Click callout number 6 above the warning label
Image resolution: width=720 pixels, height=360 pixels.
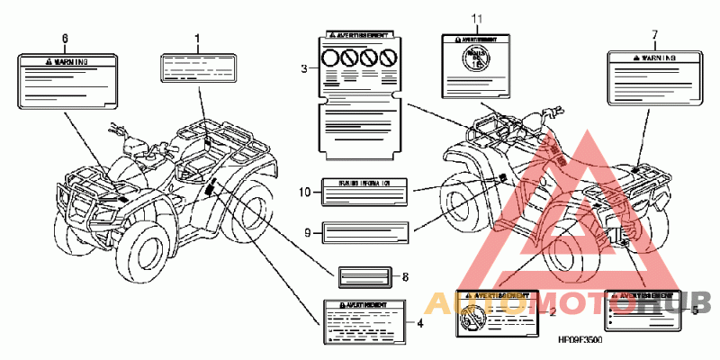click(x=64, y=38)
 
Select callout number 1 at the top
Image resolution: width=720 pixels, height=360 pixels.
click(x=197, y=38)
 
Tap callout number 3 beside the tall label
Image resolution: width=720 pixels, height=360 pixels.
click(x=304, y=68)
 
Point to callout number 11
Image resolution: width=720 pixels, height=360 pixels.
click(x=477, y=18)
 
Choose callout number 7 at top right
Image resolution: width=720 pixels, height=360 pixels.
click(x=654, y=34)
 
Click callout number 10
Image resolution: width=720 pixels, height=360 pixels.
click(x=306, y=191)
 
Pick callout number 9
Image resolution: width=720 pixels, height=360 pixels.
click(x=307, y=233)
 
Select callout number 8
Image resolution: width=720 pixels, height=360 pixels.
click(x=406, y=276)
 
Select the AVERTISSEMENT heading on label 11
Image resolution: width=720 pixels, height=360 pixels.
click(x=477, y=40)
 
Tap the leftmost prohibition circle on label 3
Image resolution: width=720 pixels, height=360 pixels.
click(x=332, y=59)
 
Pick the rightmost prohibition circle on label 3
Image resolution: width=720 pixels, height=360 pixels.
click(x=389, y=59)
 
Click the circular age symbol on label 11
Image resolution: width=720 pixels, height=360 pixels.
click(x=473, y=64)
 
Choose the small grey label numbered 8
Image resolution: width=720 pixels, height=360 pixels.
click(x=364, y=276)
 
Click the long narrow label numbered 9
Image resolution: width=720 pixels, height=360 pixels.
click(x=364, y=233)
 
